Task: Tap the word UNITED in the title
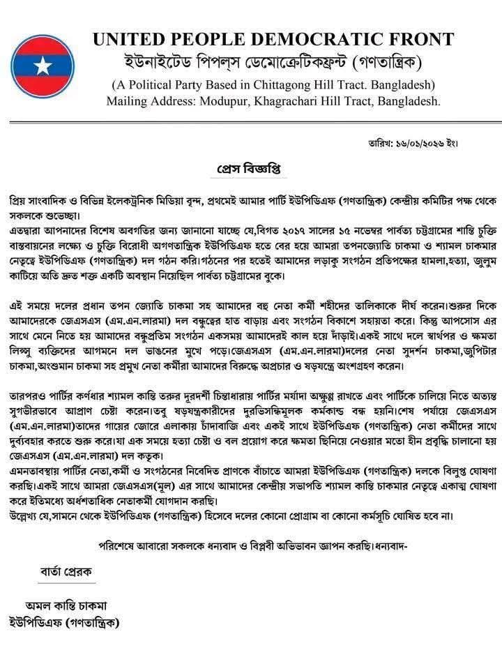(x=128, y=40)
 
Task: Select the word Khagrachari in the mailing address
(x=294, y=102)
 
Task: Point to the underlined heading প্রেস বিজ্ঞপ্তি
(x=249, y=169)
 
